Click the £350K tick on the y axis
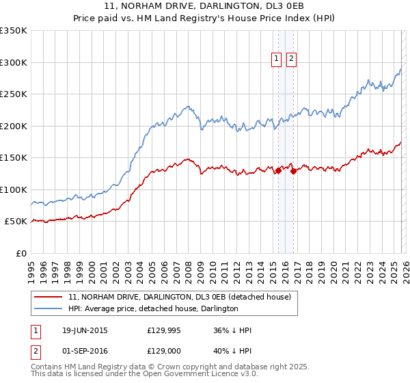pyautogui.click(x=14, y=31)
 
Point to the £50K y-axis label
pyautogui.click(x=16, y=222)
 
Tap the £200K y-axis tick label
pyautogui.click(x=14, y=126)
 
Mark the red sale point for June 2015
pyautogui.click(x=278, y=171)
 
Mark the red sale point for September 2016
pyautogui.click(x=292, y=171)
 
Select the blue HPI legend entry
pyautogui.click(x=153, y=309)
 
